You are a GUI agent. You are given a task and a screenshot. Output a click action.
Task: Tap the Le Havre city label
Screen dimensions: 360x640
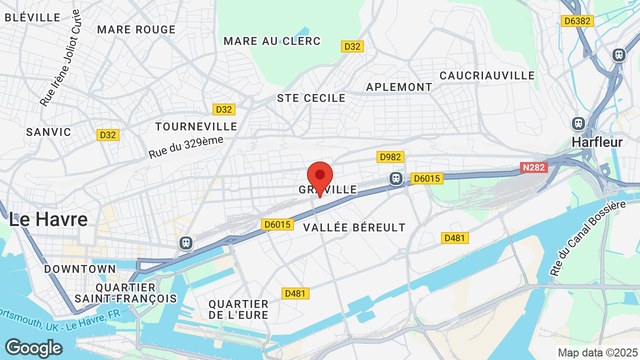(48, 219)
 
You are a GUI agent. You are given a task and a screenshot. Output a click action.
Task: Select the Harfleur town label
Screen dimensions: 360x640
(597, 142)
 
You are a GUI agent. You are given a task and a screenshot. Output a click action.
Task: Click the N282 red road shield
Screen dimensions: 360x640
(534, 167)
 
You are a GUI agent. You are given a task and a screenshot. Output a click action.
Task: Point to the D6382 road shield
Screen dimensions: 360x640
(576, 21)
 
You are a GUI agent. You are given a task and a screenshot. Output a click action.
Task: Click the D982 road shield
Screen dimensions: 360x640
(390, 157)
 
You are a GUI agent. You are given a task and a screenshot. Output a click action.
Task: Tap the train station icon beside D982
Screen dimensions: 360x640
(396, 178)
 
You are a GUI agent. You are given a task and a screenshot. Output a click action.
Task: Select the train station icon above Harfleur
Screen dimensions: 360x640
(578, 123)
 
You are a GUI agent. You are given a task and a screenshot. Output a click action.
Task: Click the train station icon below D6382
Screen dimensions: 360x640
(619, 55)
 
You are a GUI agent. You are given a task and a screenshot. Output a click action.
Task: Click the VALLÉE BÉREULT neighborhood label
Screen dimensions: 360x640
(354, 227)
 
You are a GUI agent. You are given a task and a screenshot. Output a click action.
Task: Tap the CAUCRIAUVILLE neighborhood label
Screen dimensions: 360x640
(487, 75)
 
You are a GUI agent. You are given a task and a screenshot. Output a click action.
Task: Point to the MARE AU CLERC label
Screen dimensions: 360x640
(272, 41)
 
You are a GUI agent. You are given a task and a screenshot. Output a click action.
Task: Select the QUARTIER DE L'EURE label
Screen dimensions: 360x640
(238, 309)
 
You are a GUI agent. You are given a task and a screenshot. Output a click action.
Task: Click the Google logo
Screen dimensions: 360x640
(33, 348)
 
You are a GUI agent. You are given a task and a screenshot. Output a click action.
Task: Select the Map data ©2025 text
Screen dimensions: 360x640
(596, 352)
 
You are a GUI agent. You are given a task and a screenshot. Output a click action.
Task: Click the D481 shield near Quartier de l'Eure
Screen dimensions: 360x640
(295, 293)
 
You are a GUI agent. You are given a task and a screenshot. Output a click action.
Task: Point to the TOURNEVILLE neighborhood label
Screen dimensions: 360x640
(196, 126)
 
